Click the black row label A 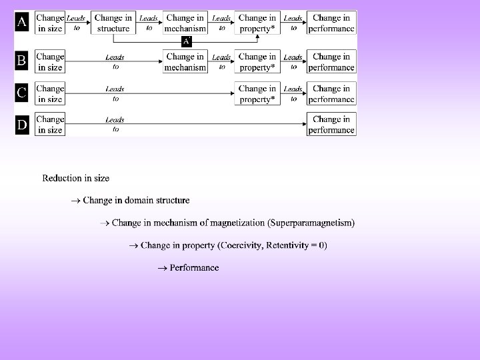tap(22, 23)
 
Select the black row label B tap(22, 61)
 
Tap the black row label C tap(22, 93)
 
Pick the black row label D tap(22, 124)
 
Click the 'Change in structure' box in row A tap(113, 23)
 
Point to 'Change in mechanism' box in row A tap(185, 23)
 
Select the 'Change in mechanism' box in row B tap(185, 61)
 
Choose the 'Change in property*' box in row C tap(257, 93)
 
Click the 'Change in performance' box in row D tap(331, 124)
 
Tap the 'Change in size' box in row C tap(50, 93)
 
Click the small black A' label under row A tap(187, 41)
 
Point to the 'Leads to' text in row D tap(115, 124)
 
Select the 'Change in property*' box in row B tap(257, 61)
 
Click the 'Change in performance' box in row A tap(331, 23)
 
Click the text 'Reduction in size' tap(76, 178)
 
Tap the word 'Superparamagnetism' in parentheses tap(313, 223)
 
